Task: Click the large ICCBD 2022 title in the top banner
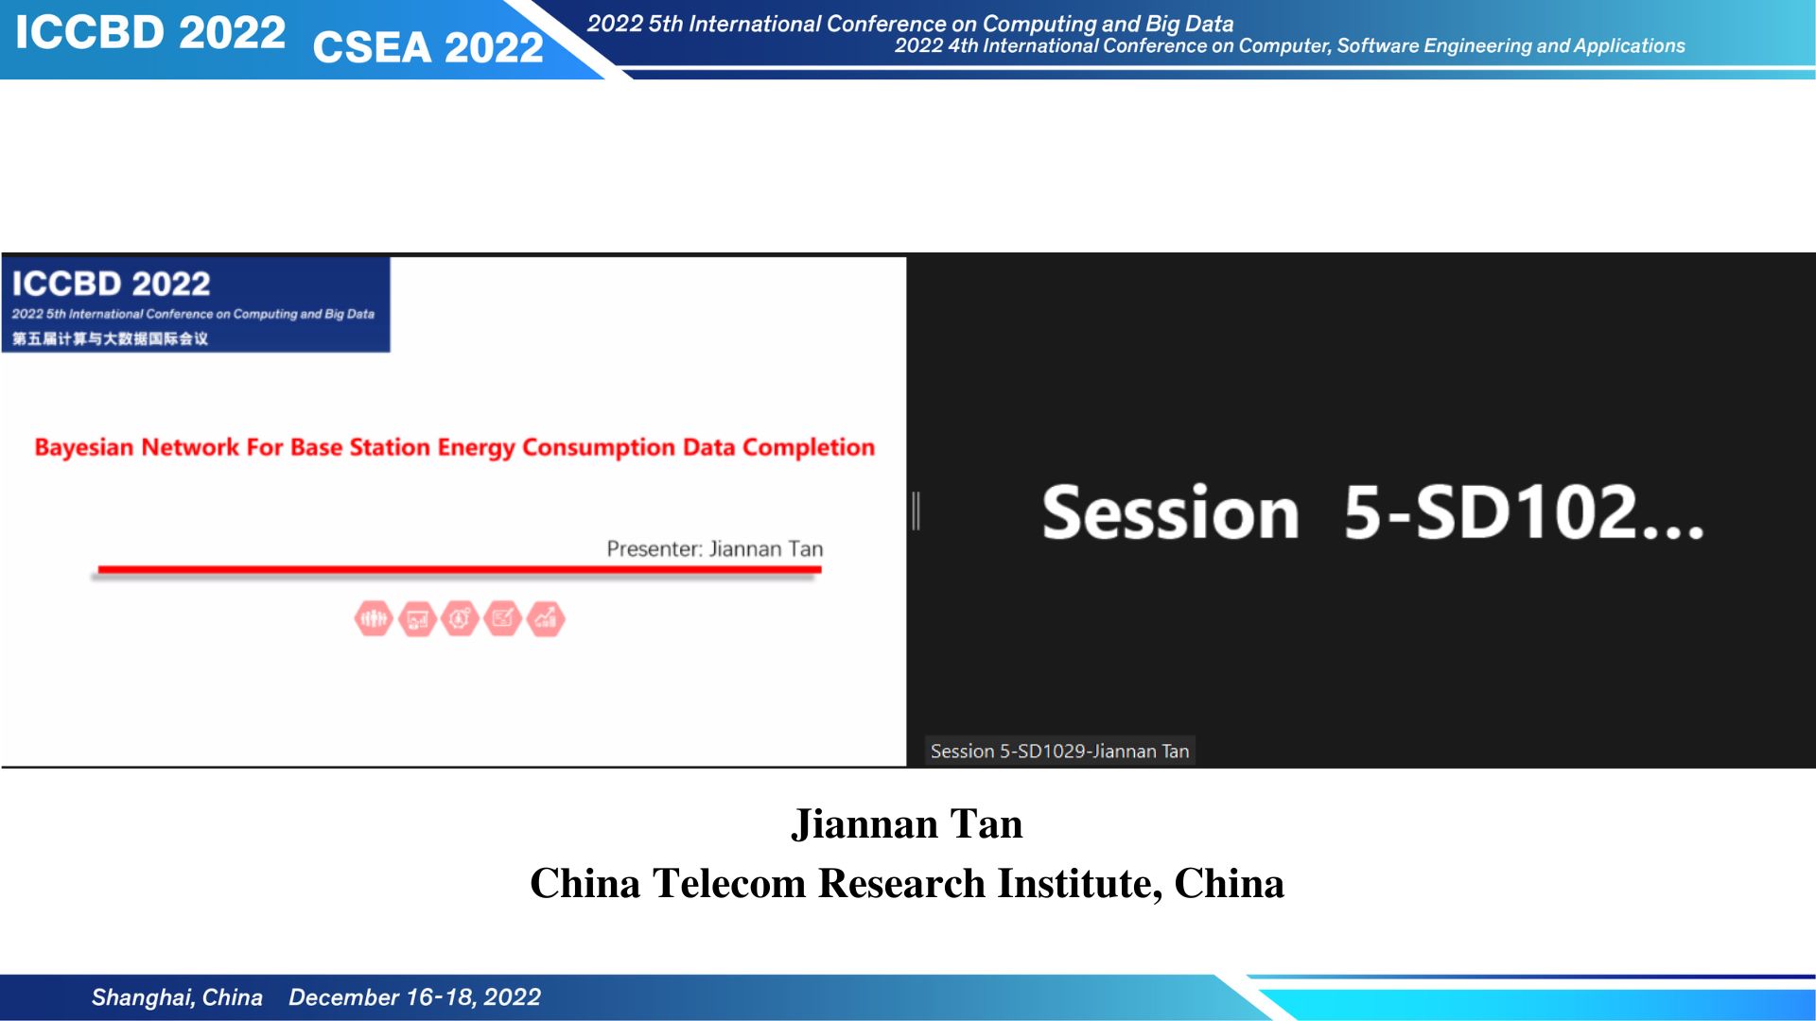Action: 149,33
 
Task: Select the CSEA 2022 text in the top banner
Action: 428,47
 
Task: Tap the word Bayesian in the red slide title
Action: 83,448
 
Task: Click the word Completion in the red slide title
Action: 809,447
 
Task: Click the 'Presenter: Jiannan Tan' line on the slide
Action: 714,549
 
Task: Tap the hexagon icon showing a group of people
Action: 374,619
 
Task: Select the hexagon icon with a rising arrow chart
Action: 546,619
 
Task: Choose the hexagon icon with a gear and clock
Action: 460,619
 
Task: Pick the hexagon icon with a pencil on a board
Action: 502,619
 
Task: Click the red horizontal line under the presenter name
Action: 460,569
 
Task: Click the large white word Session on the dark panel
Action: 1170,513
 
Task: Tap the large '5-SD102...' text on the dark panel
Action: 1523,513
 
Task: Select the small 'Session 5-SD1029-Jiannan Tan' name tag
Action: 1059,751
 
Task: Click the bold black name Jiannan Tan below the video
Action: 907,823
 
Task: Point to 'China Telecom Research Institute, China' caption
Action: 907,883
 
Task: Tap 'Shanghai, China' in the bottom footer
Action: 177,997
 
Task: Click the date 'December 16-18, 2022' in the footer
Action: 414,997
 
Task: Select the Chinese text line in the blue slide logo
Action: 110,338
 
